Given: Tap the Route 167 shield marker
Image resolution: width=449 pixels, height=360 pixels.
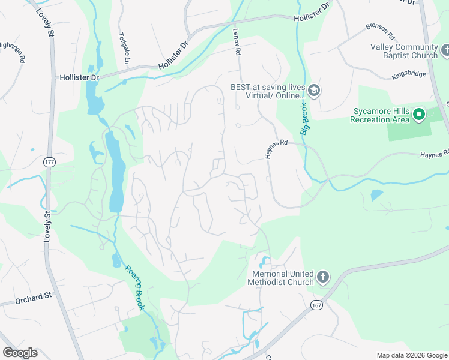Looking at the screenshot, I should tap(316, 305).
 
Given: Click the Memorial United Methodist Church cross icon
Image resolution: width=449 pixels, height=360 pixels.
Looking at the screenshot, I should tap(323, 277).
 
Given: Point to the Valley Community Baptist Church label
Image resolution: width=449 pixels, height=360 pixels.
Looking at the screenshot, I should tap(404, 52).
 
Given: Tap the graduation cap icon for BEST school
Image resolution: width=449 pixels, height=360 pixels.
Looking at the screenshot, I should tap(315, 91).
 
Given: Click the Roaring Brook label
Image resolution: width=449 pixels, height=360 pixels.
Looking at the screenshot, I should tap(135, 288).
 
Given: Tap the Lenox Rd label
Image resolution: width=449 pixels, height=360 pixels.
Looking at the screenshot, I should tap(237, 44).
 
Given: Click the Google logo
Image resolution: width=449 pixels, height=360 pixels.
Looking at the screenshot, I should tap(20, 353).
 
